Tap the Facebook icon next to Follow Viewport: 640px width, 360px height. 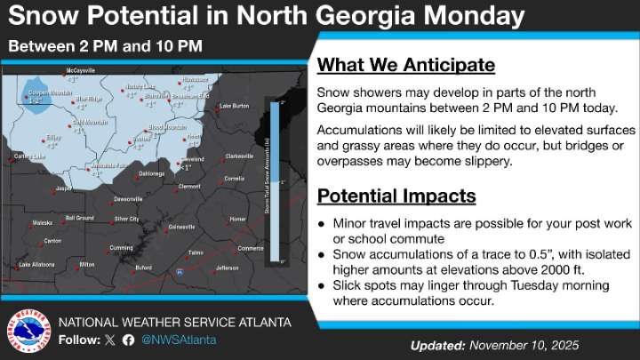click(128, 340)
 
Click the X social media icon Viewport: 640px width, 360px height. click(110, 340)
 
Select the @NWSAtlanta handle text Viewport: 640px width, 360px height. click(177, 340)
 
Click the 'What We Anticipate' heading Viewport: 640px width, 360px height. click(405, 66)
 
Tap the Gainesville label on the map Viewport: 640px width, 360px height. click(181, 226)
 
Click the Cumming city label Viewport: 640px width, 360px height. click(121, 247)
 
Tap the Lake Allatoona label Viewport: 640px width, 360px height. click(37, 264)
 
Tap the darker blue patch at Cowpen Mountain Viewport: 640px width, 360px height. click(37, 100)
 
